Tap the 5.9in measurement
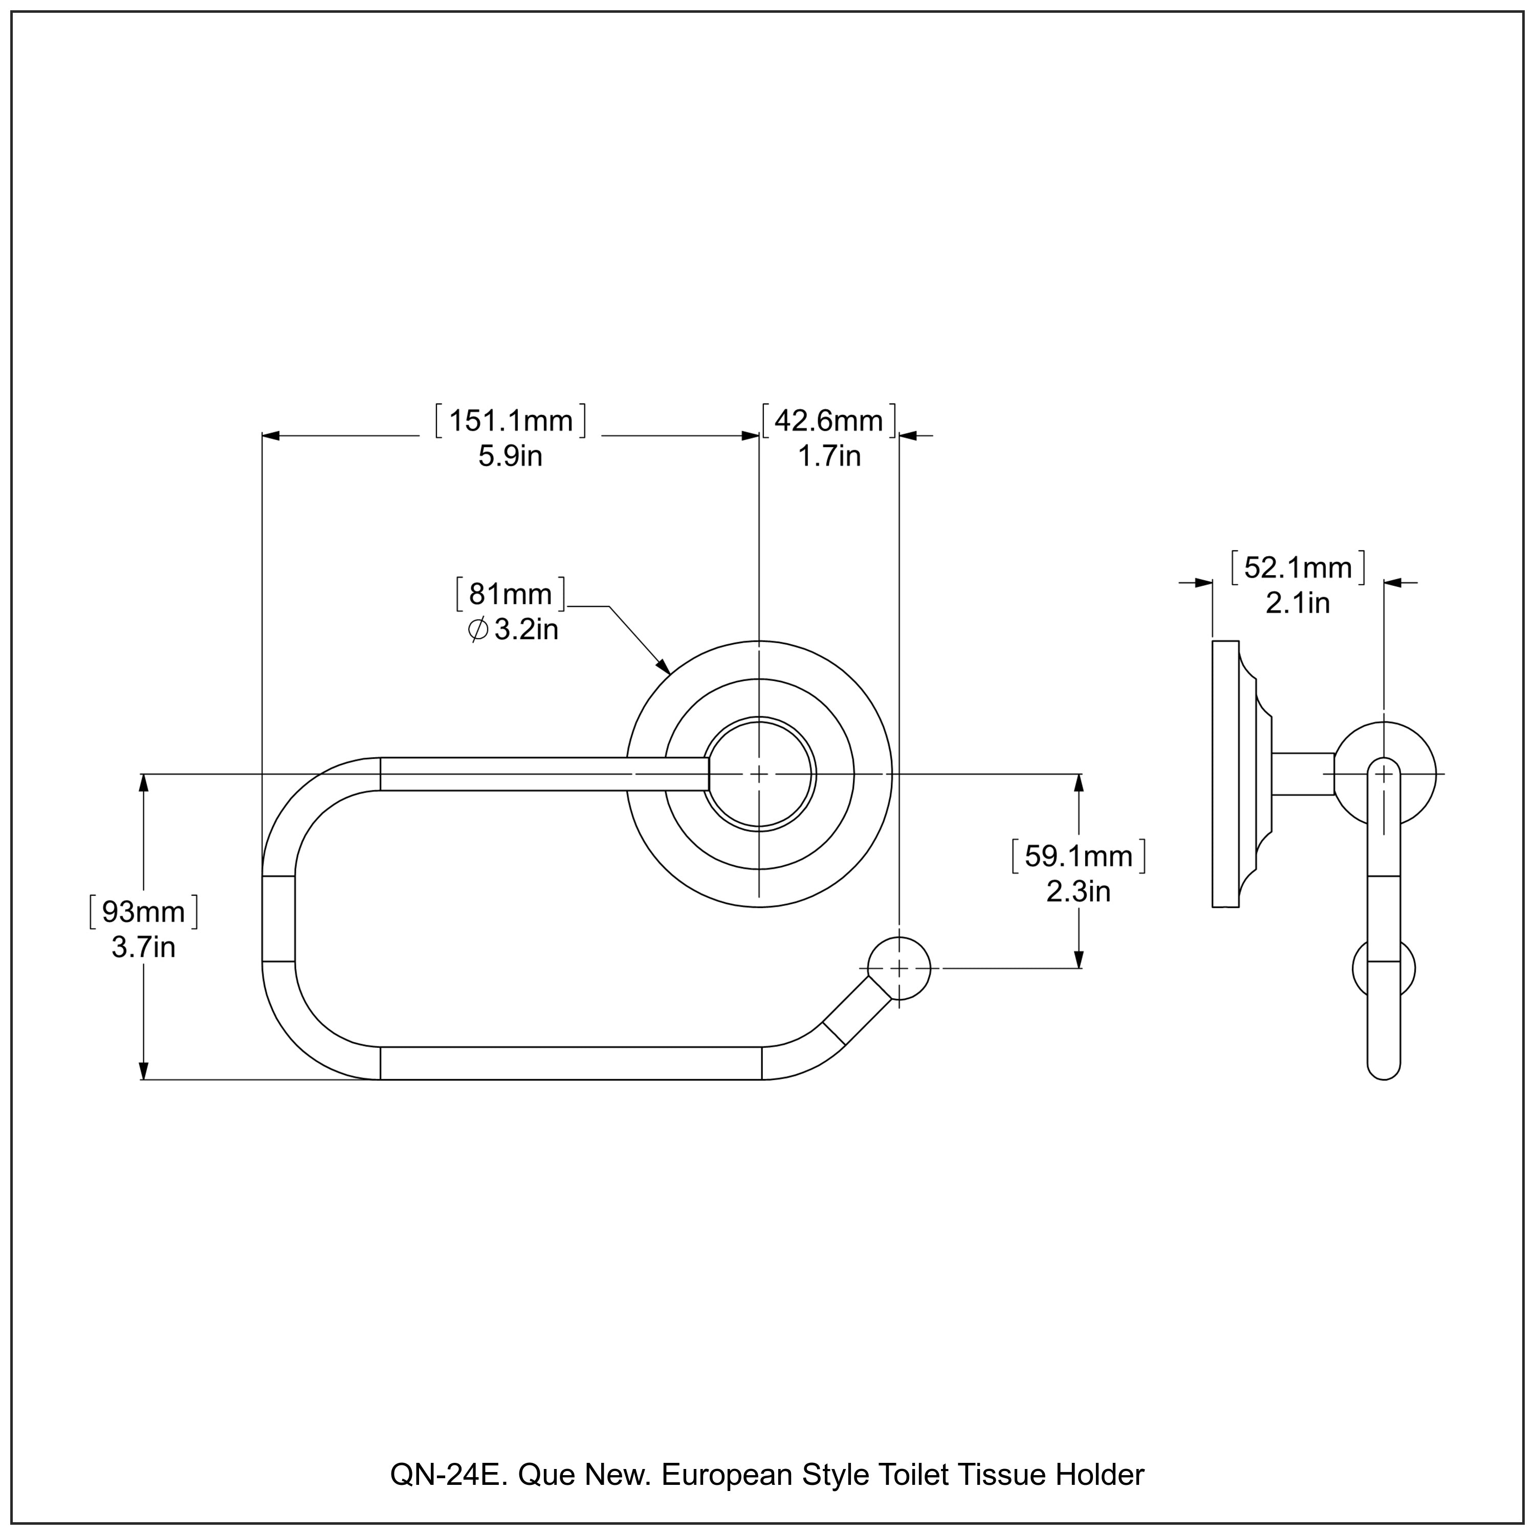pos(510,457)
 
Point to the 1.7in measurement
pos(829,457)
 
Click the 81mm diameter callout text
pos(510,594)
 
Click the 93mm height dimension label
pos(143,912)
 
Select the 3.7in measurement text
pos(143,948)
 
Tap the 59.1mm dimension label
pos(1078,857)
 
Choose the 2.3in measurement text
pos(1078,891)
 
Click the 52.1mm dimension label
pos(1298,568)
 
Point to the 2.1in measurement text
pos(1298,603)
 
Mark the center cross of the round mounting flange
pos(759,774)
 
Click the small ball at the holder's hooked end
pos(898,969)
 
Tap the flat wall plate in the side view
pos(1225,774)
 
